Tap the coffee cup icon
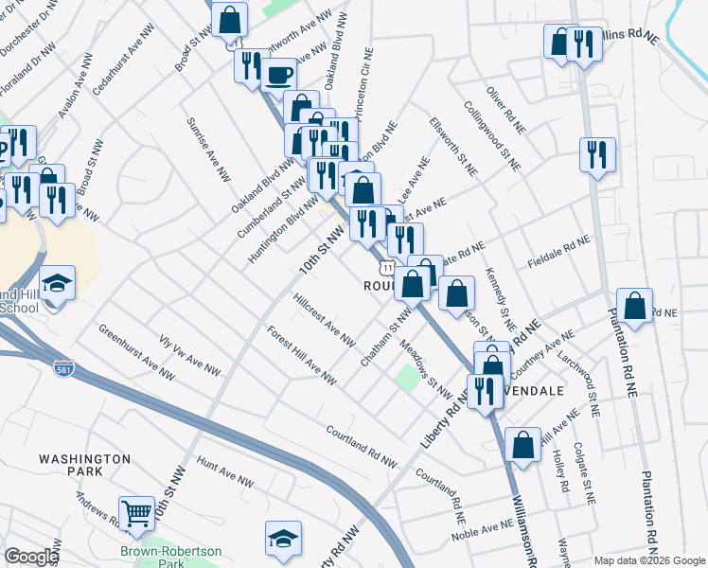coord(277,74)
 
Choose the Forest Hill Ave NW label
coord(301,356)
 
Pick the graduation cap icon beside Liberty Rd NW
coord(283,538)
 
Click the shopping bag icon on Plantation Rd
coord(636,305)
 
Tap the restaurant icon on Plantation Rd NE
coord(597,154)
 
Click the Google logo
coord(30,557)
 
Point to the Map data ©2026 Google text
coord(648,560)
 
